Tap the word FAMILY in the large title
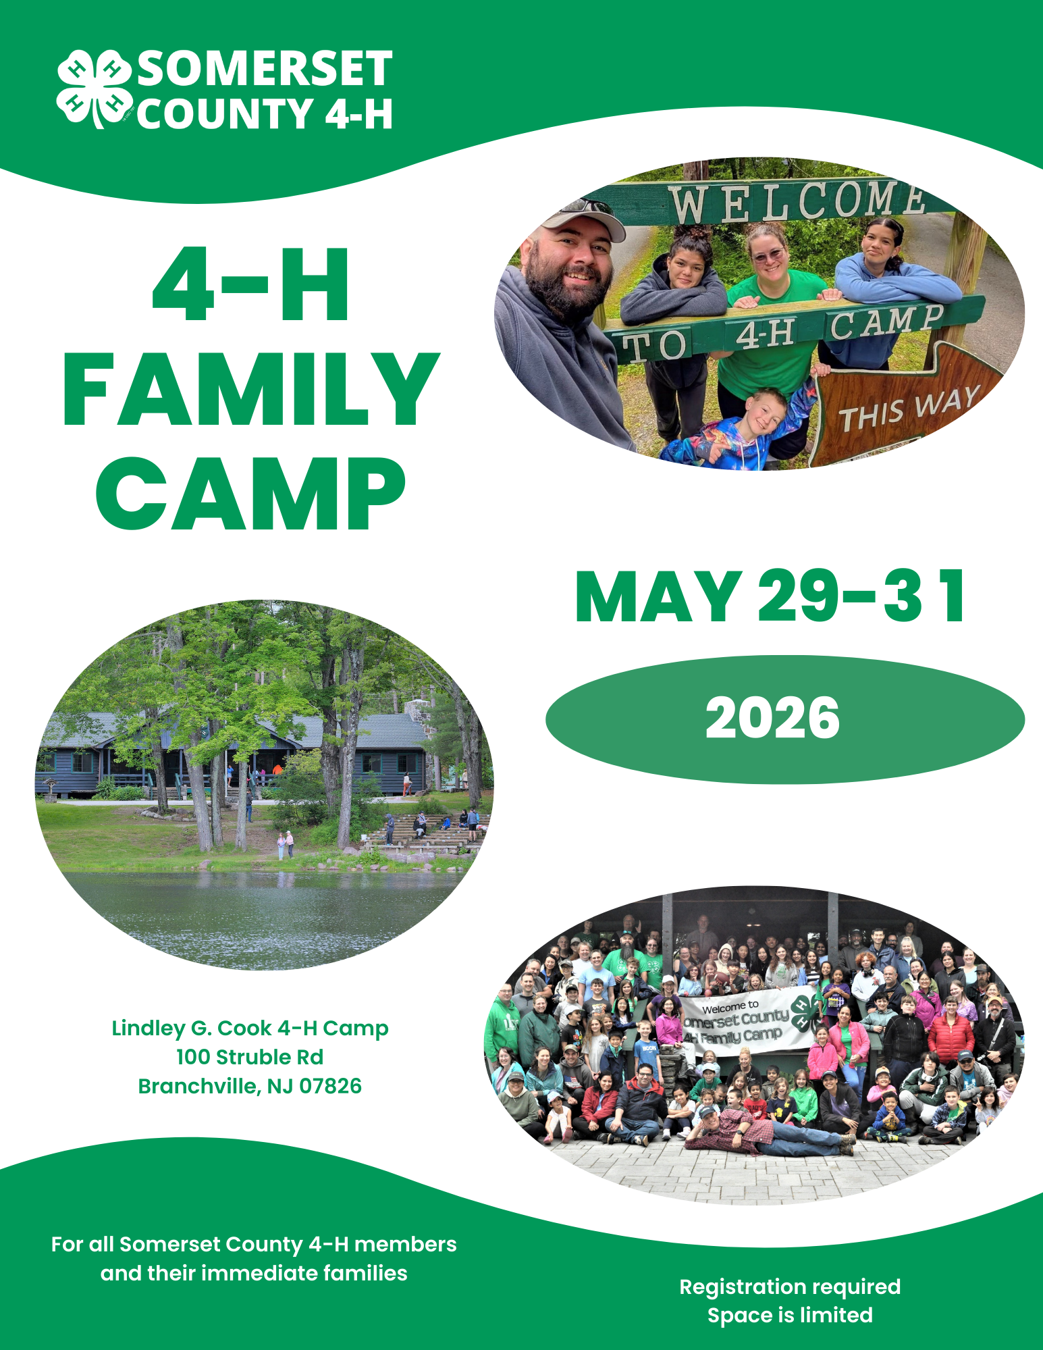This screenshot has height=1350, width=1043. [251, 390]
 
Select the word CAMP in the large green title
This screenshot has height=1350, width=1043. [251, 494]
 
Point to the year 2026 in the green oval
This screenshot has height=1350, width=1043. [772, 719]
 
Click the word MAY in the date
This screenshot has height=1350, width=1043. [658, 597]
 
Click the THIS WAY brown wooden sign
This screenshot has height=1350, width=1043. [908, 409]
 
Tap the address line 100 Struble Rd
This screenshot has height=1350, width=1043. [250, 1057]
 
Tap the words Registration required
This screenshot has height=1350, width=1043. [790, 1287]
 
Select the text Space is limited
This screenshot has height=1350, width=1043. [790, 1315]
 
